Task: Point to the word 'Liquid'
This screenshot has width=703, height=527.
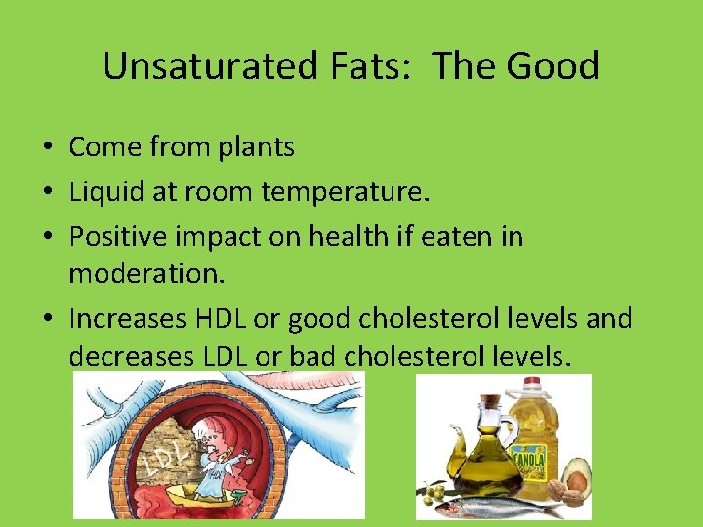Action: [x=104, y=192]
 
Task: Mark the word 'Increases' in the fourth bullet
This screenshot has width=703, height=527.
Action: [x=125, y=318]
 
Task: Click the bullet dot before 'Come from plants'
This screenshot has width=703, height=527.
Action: [x=48, y=148]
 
